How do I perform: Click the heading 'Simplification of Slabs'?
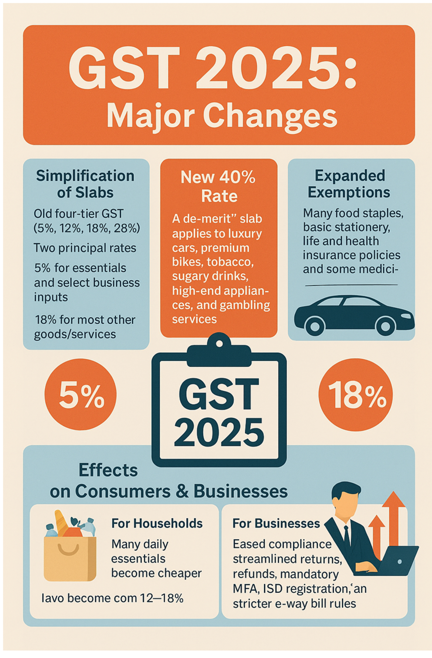85,184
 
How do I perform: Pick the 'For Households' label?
157,523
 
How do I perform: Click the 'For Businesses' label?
276,523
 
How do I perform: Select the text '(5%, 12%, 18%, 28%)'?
87,229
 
